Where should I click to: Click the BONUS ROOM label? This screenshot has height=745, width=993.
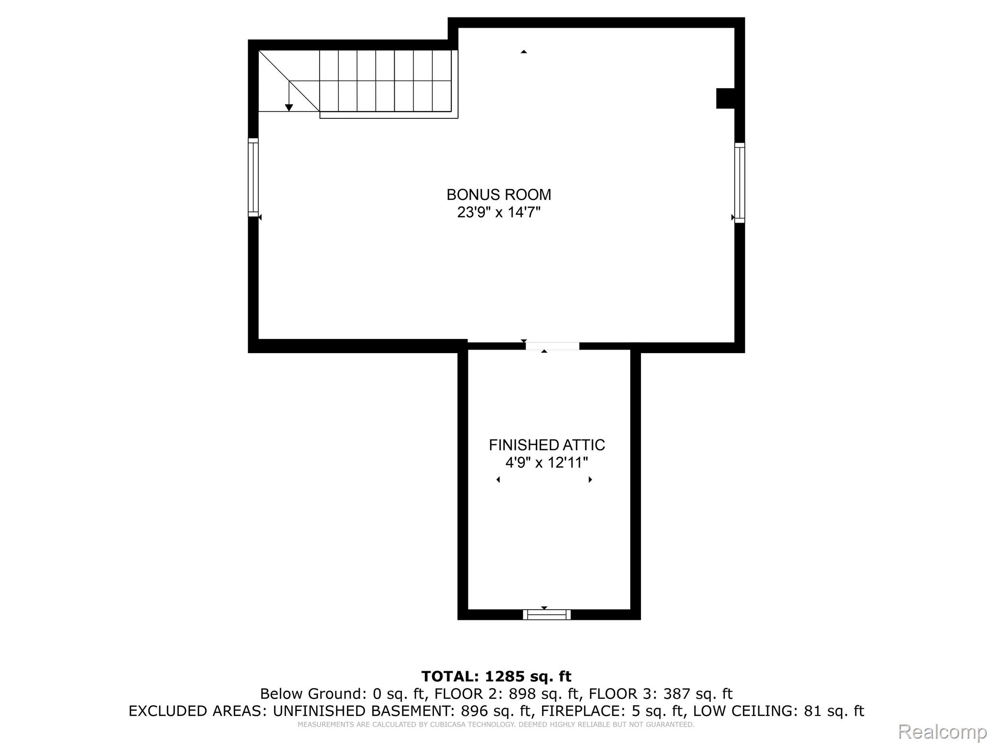click(498, 194)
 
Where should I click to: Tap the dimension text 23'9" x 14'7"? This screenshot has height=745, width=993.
click(498, 212)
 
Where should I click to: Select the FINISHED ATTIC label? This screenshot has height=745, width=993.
click(546, 445)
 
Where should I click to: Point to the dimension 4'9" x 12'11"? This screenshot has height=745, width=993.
click(546, 463)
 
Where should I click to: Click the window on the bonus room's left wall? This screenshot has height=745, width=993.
click(253, 178)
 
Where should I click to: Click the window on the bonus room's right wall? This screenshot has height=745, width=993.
click(739, 183)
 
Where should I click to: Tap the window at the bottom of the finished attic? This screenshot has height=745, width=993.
click(546, 615)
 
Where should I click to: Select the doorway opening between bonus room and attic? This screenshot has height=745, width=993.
click(552, 346)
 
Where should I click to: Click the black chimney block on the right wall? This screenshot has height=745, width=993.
click(726, 98)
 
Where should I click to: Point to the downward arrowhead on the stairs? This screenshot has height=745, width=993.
click(289, 108)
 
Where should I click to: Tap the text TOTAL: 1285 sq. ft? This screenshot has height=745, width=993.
click(496, 676)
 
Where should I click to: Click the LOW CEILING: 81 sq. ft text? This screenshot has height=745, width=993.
click(778, 711)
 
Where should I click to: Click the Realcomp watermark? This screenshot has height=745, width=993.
click(942, 731)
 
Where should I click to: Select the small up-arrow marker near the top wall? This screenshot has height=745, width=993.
click(524, 51)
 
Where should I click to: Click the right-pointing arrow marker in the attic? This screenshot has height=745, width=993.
click(590, 480)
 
